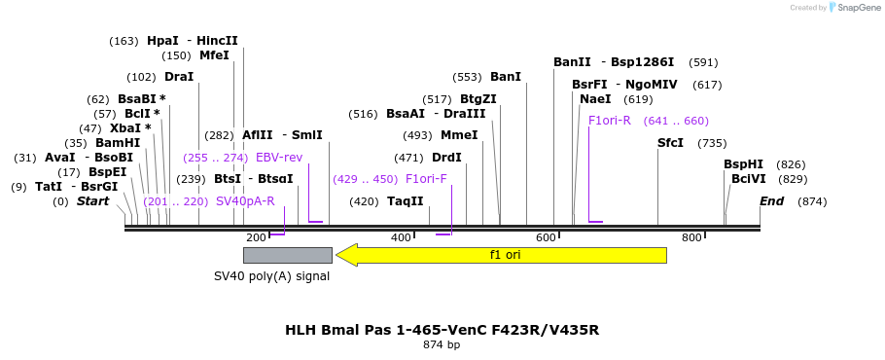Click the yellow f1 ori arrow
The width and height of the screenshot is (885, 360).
(x=502, y=255)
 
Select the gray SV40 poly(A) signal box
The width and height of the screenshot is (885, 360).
(x=287, y=255)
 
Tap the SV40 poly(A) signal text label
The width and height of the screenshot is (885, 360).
(x=271, y=276)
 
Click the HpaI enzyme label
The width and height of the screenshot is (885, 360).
(x=162, y=41)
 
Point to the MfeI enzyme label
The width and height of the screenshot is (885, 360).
(x=214, y=55)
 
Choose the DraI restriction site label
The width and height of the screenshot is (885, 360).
(x=179, y=77)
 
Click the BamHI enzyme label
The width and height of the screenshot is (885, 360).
(x=118, y=143)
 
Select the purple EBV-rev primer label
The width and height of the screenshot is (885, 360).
(x=279, y=158)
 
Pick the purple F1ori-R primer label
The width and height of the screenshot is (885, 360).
(x=610, y=121)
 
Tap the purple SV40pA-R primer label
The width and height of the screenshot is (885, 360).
(x=245, y=201)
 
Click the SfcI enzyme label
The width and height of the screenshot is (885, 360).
(x=670, y=143)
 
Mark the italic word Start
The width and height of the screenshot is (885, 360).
(x=93, y=201)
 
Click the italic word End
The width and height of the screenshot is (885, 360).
(x=771, y=201)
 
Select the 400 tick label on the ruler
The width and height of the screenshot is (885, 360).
(x=401, y=237)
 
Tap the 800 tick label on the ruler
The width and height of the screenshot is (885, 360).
(x=691, y=237)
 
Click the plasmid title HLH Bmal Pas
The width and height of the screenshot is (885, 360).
(x=442, y=330)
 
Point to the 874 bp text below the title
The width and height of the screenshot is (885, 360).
(x=442, y=344)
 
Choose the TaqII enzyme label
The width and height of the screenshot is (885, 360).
(x=406, y=201)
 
